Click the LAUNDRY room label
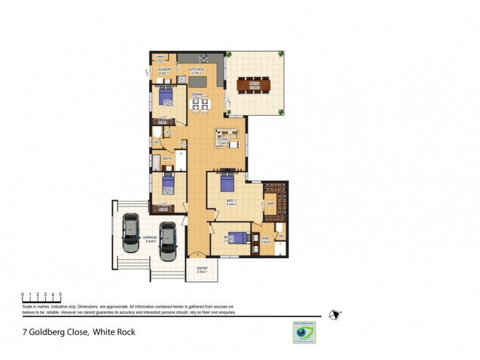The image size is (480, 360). pyautogui.click(x=164, y=70)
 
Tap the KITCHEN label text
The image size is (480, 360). pyautogui.click(x=196, y=70)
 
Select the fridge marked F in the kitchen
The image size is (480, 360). pyautogui.click(x=181, y=79)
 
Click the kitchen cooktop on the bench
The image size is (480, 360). pyautogui.click(x=203, y=59)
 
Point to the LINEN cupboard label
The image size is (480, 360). pyautogui.click(x=160, y=57)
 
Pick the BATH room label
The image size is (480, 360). pyautogui.click(x=167, y=159)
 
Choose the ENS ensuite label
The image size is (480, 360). pyautogui.click(x=266, y=239)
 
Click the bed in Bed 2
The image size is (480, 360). pyautogui.click(x=236, y=238)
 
